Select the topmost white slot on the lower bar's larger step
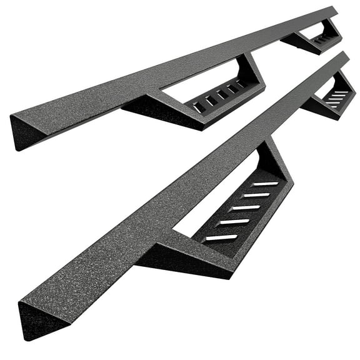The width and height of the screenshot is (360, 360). coord(265,184)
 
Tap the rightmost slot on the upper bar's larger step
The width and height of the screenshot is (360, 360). coord(242,82)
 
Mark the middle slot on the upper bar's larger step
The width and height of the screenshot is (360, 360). coord(220,94)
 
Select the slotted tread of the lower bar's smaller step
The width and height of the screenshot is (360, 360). coord(338,97)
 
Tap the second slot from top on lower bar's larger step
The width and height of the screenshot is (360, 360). coord(256,195)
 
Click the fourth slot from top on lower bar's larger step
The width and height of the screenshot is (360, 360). coord(232,222)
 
